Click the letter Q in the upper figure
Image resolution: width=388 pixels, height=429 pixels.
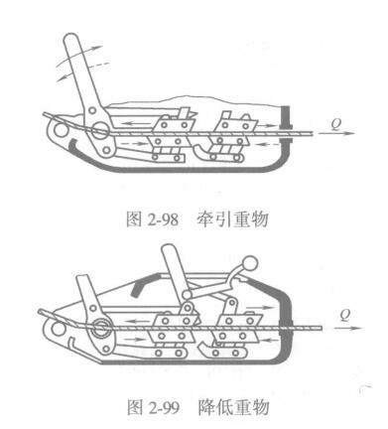(x=336, y=124)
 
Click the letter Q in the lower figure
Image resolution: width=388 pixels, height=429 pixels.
(x=344, y=316)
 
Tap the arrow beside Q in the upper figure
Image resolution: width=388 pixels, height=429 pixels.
(x=336, y=134)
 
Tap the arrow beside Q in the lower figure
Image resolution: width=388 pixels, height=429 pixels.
(x=348, y=328)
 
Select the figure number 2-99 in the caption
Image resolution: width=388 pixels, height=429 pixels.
(x=163, y=407)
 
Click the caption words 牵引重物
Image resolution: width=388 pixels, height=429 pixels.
(x=232, y=219)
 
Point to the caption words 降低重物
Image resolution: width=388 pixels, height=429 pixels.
(x=233, y=407)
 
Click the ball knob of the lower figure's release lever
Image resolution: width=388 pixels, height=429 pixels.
(x=250, y=264)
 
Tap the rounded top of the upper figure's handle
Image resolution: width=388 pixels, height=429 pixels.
(x=71, y=39)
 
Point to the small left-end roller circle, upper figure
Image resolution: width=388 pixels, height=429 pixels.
(x=61, y=130)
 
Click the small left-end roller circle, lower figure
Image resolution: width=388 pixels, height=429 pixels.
(x=59, y=329)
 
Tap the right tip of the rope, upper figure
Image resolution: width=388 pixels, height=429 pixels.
(x=314, y=133)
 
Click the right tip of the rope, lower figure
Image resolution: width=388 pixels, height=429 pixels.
(x=322, y=328)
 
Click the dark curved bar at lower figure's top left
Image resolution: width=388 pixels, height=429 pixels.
(x=140, y=285)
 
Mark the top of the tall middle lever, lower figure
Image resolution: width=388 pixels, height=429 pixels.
(x=170, y=249)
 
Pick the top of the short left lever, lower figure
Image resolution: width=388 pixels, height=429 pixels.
(x=82, y=279)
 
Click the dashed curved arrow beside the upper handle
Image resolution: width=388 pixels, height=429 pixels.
(x=98, y=65)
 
